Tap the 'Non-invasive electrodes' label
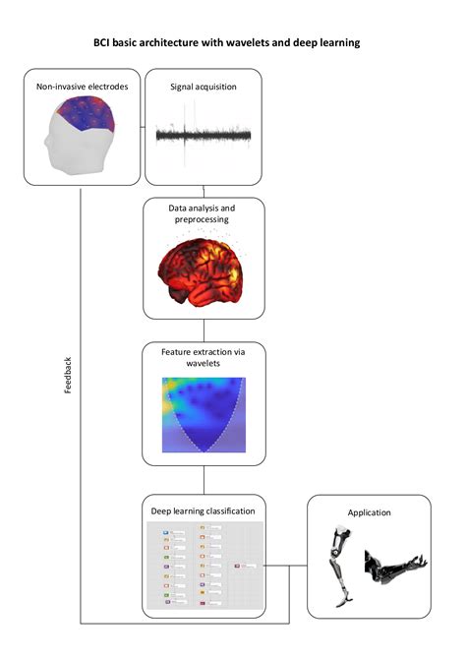coord(82,88)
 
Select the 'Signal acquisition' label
coord(204,88)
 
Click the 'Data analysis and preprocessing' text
coord(204,213)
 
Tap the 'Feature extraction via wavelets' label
coord(204,356)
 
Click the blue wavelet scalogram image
coord(204,413)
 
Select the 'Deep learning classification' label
coord(203,511)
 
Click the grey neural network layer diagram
coord(204,566)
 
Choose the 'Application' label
coord(369,512)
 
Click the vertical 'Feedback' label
coord(68,375)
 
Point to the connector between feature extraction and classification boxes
coord(204,479)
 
